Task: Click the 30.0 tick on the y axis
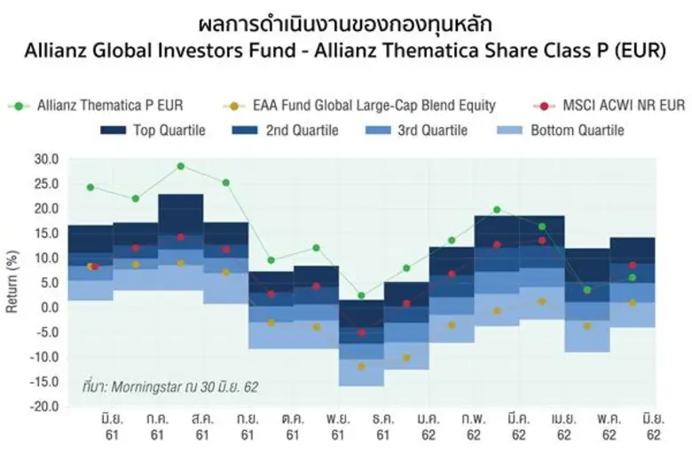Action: click(x=45, y=160)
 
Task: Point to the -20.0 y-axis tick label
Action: click(x=43, y=407)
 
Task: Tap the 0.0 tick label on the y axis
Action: click(x=49, y=308)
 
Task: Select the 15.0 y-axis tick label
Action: click(x=45, y=234)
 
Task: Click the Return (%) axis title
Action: click(x=12, y=283)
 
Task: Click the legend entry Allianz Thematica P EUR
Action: click(x=110, y=106)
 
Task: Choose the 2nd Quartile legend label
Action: click(x=302, y=131)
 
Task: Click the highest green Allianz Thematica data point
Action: click(x=180, y=166)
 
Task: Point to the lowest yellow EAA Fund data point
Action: click(x=361, y=366)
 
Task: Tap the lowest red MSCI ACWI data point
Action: click(x=361, y=332)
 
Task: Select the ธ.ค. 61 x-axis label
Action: click(x=382, y=426)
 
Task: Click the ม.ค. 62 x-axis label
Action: click(x=428, y=426)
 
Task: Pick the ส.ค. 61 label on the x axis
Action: click(x=201, y=426)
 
